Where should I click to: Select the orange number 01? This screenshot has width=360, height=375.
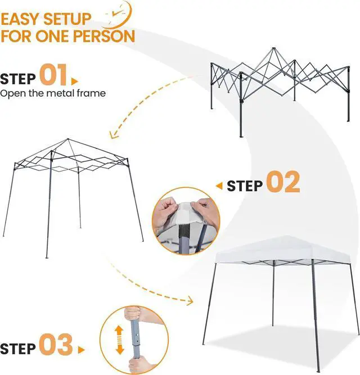pyautogui.click(x=53, y=76)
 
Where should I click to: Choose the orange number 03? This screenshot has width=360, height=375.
pyautogui.click(x=56, y=346)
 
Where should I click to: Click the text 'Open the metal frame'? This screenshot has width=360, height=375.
pyautogui.click(x=53, y=93)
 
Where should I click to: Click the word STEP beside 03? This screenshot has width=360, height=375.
pyautogui.click(x=18, y=348)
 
